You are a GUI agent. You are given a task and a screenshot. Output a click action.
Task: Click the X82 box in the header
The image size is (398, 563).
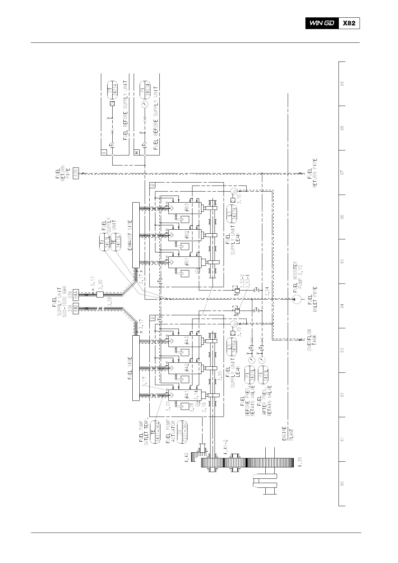(x=349, y=23)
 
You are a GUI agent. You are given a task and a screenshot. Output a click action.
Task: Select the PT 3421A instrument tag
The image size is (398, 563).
(x=113, y=89)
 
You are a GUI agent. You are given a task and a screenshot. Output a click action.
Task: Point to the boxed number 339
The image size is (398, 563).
(x=76, y=173)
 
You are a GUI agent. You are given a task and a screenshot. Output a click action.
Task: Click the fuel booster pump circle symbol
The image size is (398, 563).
(x=295, y=299)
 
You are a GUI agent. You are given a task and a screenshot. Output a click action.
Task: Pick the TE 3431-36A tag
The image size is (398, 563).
(x=155, y=432)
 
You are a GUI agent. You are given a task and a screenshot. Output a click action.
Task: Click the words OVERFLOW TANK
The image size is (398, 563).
(x=311, y=340)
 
